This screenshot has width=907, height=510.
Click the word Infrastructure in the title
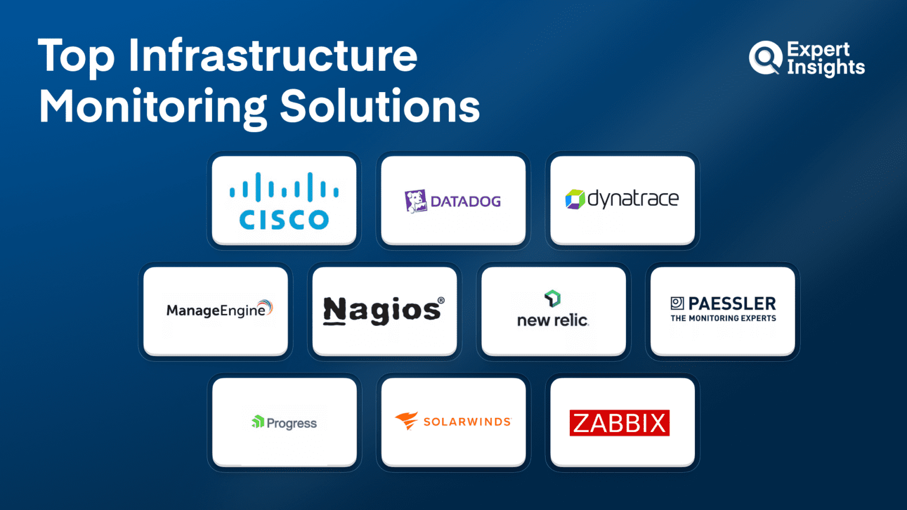273,55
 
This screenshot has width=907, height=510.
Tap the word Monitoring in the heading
152,108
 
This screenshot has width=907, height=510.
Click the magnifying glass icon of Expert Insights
765,58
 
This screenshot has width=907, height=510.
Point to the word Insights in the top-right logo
826,68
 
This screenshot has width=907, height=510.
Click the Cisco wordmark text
284,220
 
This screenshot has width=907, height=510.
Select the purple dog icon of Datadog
416,201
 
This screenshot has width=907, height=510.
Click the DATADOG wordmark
466,201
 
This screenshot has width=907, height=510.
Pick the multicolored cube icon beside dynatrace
575,199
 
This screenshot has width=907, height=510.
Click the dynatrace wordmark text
633,199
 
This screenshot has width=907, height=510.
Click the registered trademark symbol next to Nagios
441,300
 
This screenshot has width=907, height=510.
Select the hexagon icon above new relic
552,298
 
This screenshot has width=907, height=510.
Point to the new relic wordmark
553,320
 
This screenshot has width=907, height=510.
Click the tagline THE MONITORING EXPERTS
723,319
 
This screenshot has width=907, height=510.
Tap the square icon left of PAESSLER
677,303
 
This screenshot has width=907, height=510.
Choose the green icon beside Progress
258,422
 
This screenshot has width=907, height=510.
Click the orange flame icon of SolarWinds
406,421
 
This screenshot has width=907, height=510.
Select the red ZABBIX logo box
619,423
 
